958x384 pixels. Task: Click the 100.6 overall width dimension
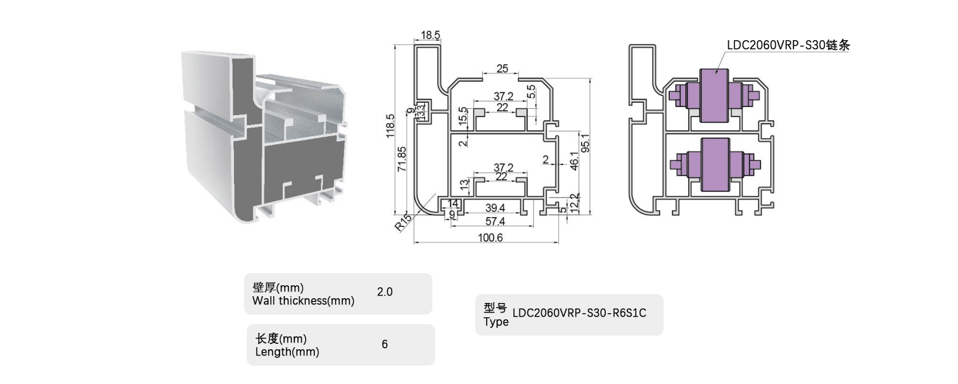486,238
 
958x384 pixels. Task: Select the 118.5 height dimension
390,126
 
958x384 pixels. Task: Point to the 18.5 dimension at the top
430,35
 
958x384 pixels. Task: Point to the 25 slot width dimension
502,68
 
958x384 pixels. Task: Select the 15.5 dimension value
463,116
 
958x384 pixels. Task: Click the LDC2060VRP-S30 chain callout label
788,46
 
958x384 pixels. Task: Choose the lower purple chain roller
714,163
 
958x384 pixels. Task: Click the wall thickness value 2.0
385,292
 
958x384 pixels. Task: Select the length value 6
385,345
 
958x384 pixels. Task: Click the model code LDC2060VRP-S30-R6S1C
579,313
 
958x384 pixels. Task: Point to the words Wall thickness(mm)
303,301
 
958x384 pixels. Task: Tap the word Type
496,322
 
